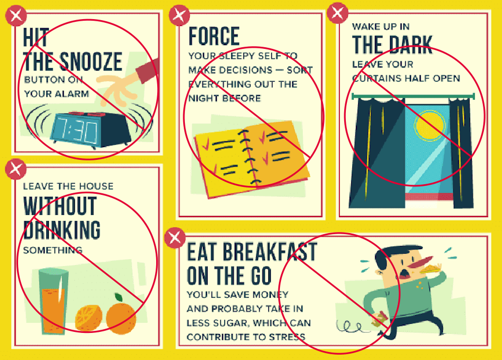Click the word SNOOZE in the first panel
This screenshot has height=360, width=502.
pyautogui.click(x=91, y=62)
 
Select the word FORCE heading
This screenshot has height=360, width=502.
pyautogui.click(x=214, y=36)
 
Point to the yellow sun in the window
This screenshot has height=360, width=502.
pyautogui.click(x=430, y=125)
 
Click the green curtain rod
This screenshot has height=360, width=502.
pyautogui.click(x=413, y=96)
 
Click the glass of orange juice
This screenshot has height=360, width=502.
pyautogui.click(x=54, y=302)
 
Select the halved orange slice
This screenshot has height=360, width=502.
pyautogui.click(x=89, y=318)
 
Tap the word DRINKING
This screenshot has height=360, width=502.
pyautogui.click(x=62, y=230)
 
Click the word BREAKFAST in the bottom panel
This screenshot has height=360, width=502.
pyautogui.click(x=270, y=252)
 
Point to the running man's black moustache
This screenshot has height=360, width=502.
pyautogui.click(x=404, y=273)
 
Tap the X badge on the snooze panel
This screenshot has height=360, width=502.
pyautogui.click(x=16, y=16)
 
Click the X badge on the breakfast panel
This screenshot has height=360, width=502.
pyautogui.click(x=175, y=237)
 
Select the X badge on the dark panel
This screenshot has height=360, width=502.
pyautogui.click(x=337, y=13)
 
